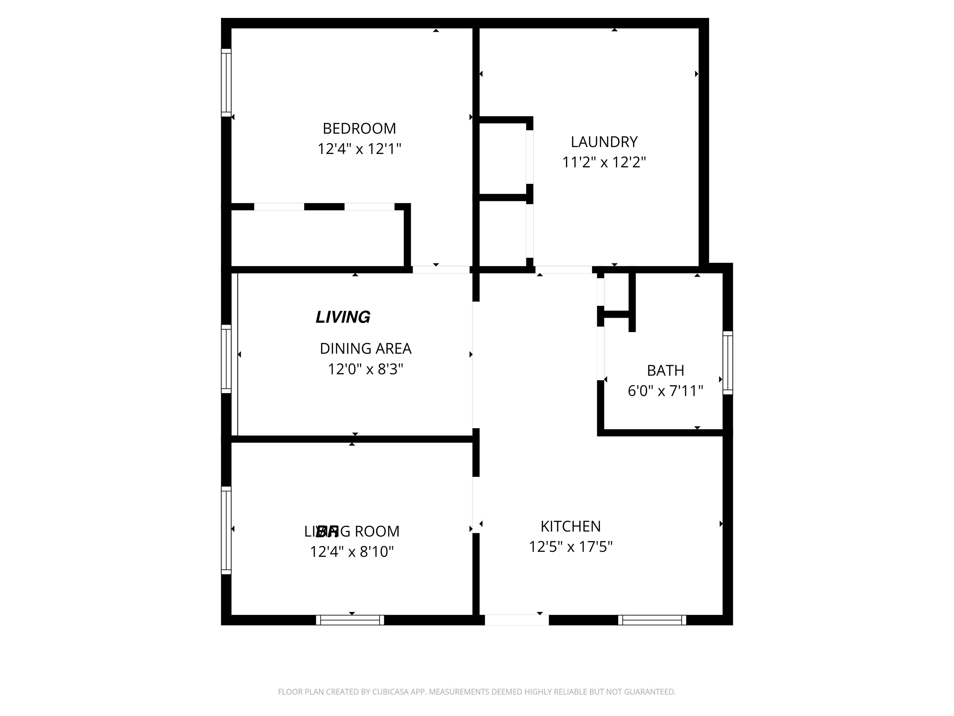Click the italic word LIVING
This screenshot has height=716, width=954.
343,317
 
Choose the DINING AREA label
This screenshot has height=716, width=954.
365,349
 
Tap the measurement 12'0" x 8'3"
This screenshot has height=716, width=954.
365,369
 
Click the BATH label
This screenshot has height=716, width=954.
665,371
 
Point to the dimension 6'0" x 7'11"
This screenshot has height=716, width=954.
665,391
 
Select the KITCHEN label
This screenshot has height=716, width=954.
570,526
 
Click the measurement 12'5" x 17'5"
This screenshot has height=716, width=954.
570,547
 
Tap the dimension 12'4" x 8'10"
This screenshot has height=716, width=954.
352,552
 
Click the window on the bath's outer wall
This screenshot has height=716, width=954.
728,363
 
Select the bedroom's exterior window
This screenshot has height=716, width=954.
226,82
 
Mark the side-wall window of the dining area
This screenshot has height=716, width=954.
226,359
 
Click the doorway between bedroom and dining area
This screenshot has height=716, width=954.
441,270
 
